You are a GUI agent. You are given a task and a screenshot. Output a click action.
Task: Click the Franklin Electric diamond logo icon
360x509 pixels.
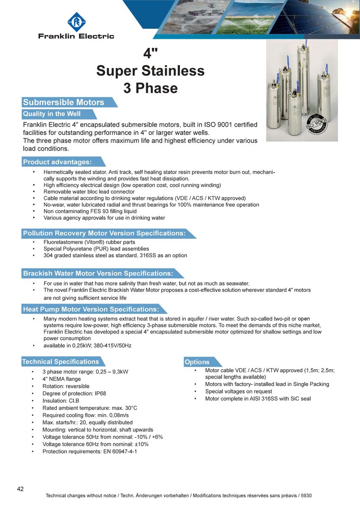pyautogui.click(x=76, y=22)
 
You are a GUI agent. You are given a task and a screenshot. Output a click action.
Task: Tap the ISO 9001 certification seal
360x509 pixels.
pyautogui.click(x=318, y=124)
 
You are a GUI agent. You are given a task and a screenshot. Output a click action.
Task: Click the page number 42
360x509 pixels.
pyautogui.click(x=20, y=489)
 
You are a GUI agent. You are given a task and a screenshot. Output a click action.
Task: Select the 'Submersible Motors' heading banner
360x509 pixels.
pyautogui.click(x=64, y=102)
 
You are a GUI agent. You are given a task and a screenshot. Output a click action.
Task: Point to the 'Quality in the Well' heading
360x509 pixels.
pyautogui.click(x=52, y=114)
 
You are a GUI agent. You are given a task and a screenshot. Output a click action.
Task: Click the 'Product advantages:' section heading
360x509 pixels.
pyautogui.click(x=57, y=162)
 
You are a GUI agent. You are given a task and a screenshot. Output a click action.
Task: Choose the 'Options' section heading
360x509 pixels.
pyautogui.click(x=197, y=362)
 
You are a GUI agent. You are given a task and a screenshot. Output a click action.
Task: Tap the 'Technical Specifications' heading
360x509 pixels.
pyautogui.click(x=61, y=362)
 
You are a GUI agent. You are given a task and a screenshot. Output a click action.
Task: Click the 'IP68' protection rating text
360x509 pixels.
pyautogui.click(x=100, y=393)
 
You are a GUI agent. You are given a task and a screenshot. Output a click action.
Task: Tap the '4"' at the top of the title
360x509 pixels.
pyautogui.click(x=150, y=54)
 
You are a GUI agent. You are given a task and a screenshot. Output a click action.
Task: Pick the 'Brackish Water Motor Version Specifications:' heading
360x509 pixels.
pyautogui.click(x=98, y=274)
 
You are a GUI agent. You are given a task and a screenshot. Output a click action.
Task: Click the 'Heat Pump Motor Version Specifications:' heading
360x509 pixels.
pyautogui.click(x=91, y=310)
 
